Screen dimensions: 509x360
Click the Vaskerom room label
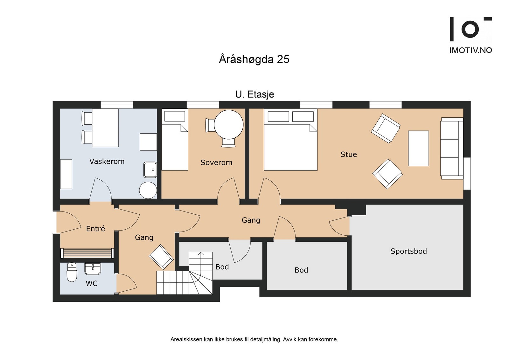point(107,162)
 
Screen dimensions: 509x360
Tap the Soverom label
point(216,163)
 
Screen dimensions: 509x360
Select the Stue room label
point(349,155)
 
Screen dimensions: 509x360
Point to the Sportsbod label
point(408,251)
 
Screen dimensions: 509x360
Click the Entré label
point(95,228)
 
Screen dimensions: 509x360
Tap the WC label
point(92,283)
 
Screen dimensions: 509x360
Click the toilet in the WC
point(72,272)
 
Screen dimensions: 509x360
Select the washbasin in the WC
point(93,269)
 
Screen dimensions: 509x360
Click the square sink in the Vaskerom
point(150,170)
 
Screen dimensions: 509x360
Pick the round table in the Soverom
point(229,124)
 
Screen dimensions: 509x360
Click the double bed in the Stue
point(291,140)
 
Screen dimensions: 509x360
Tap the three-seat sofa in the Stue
point(452,148)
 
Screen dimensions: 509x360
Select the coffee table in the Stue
point(418,148)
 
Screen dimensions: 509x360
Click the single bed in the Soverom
point(175,140)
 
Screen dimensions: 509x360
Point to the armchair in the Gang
point(161,257)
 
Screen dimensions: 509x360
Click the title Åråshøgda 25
point(254,59)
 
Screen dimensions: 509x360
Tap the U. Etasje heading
point(254,94)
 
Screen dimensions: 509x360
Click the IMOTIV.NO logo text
point(471,50)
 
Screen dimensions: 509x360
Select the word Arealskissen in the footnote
point(186,340)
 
